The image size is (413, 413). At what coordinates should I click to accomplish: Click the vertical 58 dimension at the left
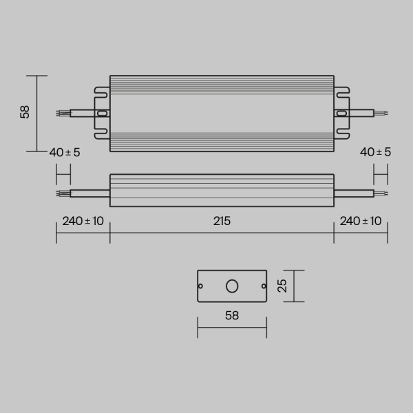pyautogui.click(x=25, y=112)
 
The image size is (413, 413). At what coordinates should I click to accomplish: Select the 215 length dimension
pyautogui.click(x=222, y=221)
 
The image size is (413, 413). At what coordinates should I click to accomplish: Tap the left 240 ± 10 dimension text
pyautogui.click(x=83, y=221)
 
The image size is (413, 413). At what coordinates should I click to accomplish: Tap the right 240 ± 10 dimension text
pyautogui.click(x=361, y=221)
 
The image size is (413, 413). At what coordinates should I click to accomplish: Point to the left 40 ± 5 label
pyautogui.click(x=65, y=152)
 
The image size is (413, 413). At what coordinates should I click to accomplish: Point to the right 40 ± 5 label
pyautogui.click(x=376, y=152)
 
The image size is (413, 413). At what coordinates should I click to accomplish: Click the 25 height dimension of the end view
pyautogui.click(x=282, y=286)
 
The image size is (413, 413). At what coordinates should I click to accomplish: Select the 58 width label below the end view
pyautogui.click(x=232, y=316)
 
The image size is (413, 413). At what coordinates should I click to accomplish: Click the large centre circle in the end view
pyautogui.click(x=232, y=286)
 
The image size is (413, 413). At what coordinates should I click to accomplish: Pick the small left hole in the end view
pyautogui.click(x=201, y=286)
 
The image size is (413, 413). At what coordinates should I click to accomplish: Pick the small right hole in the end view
pyautogui.click(x=263, y=286)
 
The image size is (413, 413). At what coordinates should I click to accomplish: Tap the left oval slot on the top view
pyautogui.click(x=103, y=114)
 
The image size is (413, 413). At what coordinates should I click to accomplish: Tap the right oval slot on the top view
pyautogui.click(x=341, y=114)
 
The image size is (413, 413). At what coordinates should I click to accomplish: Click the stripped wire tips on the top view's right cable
pyautogui.click(x=382, y=114)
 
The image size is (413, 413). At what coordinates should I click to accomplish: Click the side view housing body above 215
pyautogui.click(x=222, y=189)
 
